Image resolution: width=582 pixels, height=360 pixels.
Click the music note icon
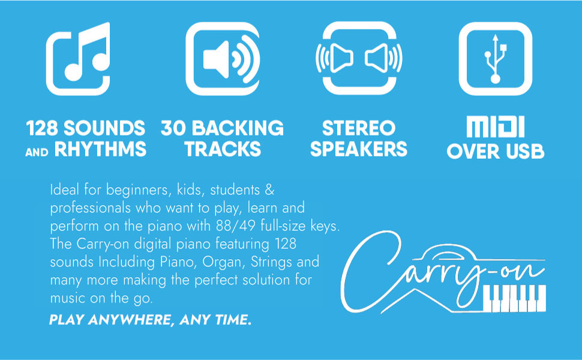point(78,59)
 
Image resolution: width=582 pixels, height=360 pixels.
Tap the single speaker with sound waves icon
point(222,59)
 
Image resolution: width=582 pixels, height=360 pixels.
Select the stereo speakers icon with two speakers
point(359,59)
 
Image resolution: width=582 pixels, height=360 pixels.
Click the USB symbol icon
point(496,59)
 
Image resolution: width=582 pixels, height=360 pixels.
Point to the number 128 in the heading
point(44,128)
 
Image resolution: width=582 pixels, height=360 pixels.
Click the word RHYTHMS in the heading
point(100,149)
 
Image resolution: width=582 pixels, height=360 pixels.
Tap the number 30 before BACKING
point(173,128)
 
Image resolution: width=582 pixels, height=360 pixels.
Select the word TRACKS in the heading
point(222,149)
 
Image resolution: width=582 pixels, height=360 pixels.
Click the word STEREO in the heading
point(359,128)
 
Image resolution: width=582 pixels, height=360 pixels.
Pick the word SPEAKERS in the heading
point(359,149)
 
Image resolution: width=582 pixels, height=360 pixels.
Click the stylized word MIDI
point(496,127)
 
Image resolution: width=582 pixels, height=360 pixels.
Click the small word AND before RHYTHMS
point(37,152)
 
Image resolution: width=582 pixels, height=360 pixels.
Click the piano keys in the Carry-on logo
point(514,296)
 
